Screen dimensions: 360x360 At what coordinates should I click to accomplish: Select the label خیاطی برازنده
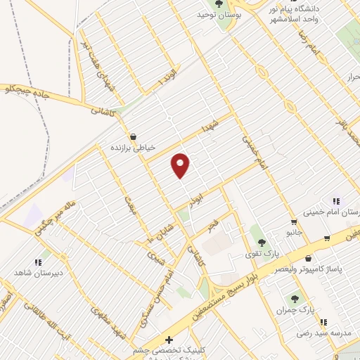click(131, 148)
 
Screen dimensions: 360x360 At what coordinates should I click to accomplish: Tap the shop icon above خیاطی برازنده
click(132, 136)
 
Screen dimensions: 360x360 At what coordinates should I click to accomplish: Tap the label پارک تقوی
click(266, 252)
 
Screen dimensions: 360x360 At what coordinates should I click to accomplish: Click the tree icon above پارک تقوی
click(262, 242)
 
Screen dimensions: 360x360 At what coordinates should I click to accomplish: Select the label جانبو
click(293, 231)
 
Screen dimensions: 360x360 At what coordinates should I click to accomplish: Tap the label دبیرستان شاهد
click(39, 271)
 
